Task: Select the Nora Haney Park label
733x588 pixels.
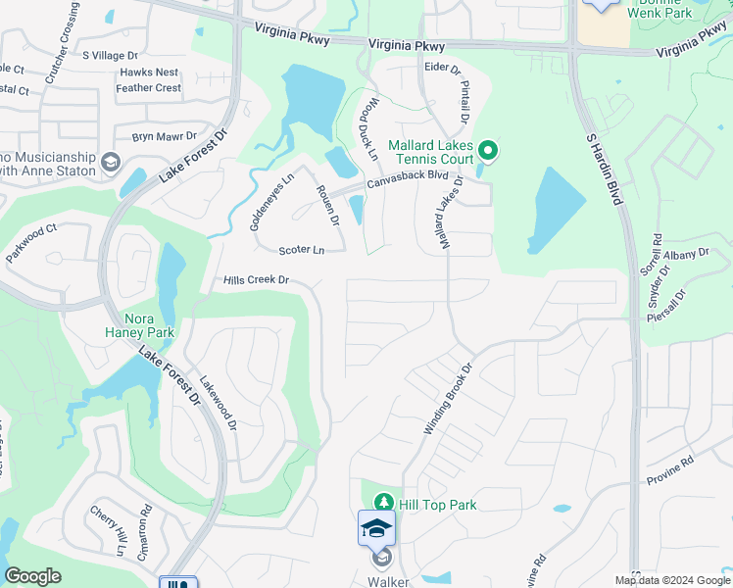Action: [139, 325]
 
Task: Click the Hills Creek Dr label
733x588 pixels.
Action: [257, 280]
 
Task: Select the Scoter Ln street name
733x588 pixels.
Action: [301, 251]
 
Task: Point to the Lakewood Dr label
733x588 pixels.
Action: [219, 406]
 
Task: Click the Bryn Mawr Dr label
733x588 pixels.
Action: [165, 137]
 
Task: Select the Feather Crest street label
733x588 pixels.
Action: [148, 88]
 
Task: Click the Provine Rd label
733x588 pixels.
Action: [669, 470]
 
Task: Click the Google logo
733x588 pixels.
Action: [33, 576]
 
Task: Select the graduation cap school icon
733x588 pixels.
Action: [377, 529]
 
